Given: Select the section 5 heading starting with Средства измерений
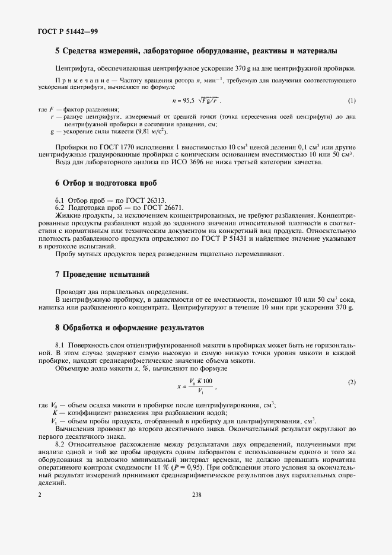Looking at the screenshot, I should coord(196,52).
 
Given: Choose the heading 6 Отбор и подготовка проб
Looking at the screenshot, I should coord(107,183).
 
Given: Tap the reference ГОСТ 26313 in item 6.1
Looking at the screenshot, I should coord(146,200).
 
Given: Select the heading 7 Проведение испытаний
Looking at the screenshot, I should coord(102,275).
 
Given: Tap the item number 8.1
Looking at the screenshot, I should coord(60,344).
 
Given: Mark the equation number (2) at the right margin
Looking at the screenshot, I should coord(351,383).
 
